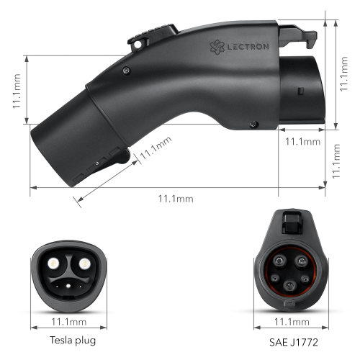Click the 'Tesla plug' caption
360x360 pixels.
click(72, 339)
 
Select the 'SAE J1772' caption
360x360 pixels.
click(289, 339)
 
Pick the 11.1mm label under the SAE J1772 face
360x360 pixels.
click(289, 321)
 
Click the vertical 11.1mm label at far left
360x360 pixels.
click(16, 89)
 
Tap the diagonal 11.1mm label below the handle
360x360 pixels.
click(156, 150)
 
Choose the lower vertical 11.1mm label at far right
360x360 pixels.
click(336, 162)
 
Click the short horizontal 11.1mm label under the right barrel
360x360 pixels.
click(301, 141)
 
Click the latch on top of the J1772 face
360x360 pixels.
click(289, 220)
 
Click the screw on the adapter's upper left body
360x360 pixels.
click(127, 70)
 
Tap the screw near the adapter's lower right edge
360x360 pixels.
click(252, 125)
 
